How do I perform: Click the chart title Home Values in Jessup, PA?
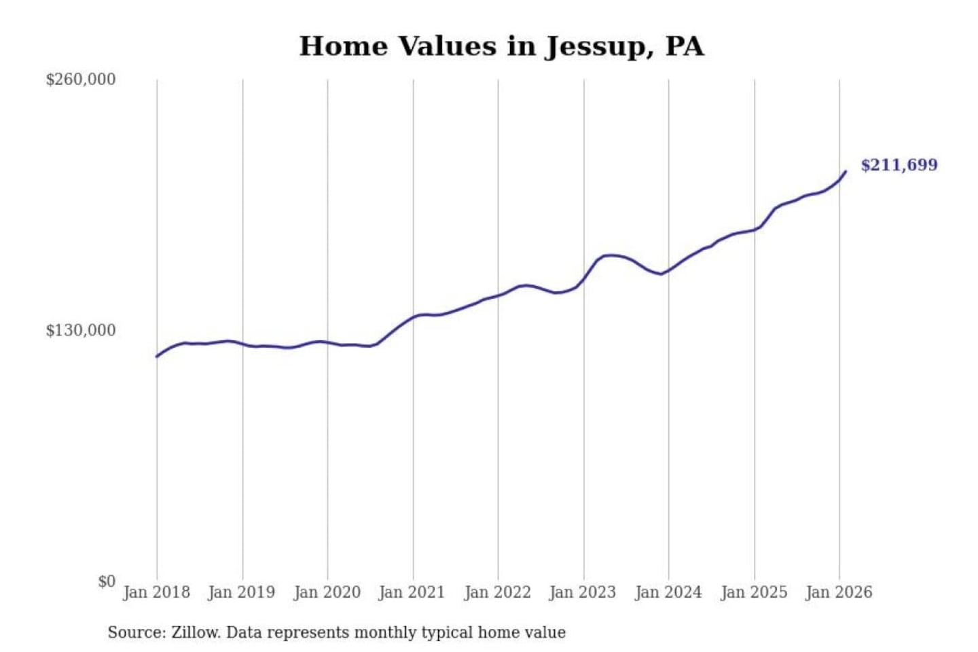(x=501, y=46)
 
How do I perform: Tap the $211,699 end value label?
(x=899, y=165)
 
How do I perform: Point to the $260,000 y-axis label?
(x=81, y=79)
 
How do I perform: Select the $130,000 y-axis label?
(x=81, y=330)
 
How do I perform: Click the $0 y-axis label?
(x=107, y=581)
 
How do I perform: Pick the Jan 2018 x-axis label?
(x=156, y=592)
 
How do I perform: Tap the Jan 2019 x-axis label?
(x=242, y=592)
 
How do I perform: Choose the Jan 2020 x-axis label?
(x=327, y=592)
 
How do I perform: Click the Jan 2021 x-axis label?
(x=412, y=592)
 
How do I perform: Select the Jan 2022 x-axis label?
(x=497, y=592)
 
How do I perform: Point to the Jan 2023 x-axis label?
(x=582, y=592)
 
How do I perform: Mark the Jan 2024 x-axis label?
(x=668, y=592)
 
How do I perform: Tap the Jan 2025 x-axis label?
(x=753, y=592)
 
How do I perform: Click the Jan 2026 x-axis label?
(x=838, y=592)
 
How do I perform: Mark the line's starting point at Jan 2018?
(x=157, y=356)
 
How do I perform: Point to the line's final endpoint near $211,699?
(x=846, y=171)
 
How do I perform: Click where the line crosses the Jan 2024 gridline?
(x=668, y=270)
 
